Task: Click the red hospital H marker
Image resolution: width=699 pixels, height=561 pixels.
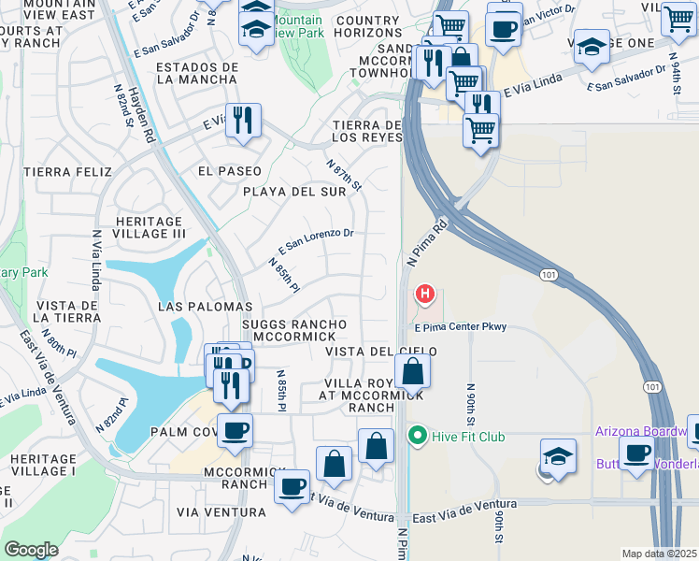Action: (x=425, y=295)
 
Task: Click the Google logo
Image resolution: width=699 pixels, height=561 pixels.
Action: (x=31, y=550)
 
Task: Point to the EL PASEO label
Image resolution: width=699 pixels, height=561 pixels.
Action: (x=229, y=172)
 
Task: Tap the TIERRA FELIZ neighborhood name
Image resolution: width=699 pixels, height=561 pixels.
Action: (x=68, y=172)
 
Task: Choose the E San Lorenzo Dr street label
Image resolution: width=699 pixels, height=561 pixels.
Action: (x=315, y=241)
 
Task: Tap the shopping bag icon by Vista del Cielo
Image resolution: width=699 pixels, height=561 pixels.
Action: (x=411, y=372)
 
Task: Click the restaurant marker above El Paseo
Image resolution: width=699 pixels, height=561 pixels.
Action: (x=243, y=121)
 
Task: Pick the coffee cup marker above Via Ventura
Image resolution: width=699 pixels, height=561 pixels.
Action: (x=292, y=486)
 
